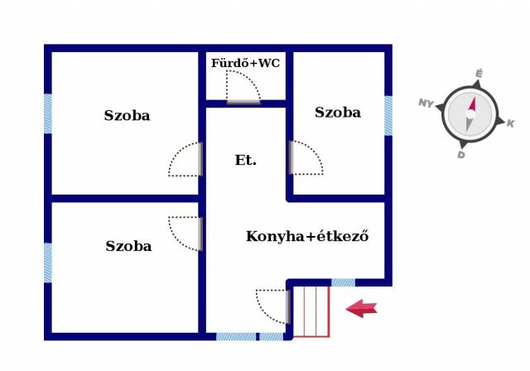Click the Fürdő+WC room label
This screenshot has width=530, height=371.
(x=245, y=63)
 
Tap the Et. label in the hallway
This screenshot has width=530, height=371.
(x=245, y=161)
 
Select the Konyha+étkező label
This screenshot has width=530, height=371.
(x=306, y=236)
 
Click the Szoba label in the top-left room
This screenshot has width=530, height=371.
(x=127, y=116)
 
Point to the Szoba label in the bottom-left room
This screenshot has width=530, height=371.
(x=128, y=246)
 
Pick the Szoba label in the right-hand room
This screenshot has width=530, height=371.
(x=338, y=113)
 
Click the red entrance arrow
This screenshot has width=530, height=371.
(x=361, y=309)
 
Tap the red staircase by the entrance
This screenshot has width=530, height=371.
(x=311, y=310)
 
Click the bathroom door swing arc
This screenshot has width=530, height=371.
(x=242, y=87)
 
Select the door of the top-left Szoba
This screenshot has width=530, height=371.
(x=186, y=159)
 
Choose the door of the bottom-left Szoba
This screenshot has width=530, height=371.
(x=186, y=233)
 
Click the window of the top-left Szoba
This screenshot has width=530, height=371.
(x=48, y=113)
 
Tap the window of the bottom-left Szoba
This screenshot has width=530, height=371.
(x=48, y=263)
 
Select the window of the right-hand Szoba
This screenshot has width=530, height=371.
(x=388, y=116)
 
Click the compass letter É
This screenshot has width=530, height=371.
(x=479, y=75)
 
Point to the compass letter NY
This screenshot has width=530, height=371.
(x=426, y=103)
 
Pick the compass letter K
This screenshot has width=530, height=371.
(x=510, y=123)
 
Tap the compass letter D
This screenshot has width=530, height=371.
(x=461, y=154)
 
